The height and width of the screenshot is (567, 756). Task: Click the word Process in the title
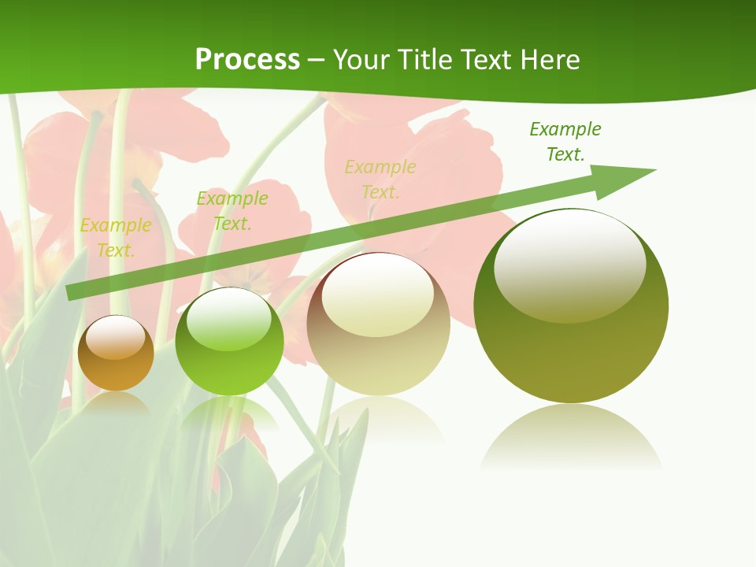tap(247, 60)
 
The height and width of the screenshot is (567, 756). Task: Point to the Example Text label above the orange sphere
tap(116, 238)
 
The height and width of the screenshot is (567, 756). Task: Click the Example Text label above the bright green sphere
tap(232, 211)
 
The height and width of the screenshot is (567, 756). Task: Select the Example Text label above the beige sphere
tap(380, 179)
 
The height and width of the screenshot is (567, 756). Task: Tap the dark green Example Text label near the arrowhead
tap(565, 141)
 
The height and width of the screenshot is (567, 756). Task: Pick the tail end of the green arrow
tap(72, 291)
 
